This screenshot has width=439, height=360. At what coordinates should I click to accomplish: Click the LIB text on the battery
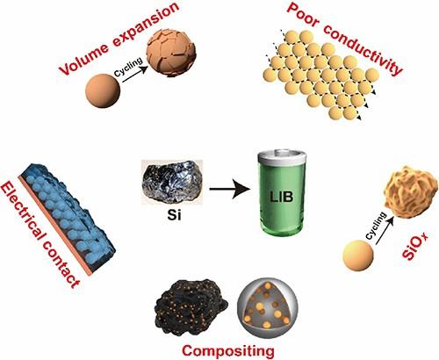(x=282, y=197)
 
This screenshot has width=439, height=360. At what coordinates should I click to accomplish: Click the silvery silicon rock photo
(x=172, y=183)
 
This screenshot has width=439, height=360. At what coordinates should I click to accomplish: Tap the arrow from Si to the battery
(x=230, y=189)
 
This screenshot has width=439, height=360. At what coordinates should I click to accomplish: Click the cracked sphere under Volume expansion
(x=171, y=54)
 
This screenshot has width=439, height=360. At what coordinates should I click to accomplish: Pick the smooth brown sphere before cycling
(x=103, y=91)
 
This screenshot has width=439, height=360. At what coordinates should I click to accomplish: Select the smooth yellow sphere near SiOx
(x=358, y=256)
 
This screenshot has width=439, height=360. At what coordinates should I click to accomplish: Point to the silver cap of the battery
(x=282, y=156)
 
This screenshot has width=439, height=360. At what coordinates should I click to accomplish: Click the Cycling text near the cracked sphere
(x=129, y=67)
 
